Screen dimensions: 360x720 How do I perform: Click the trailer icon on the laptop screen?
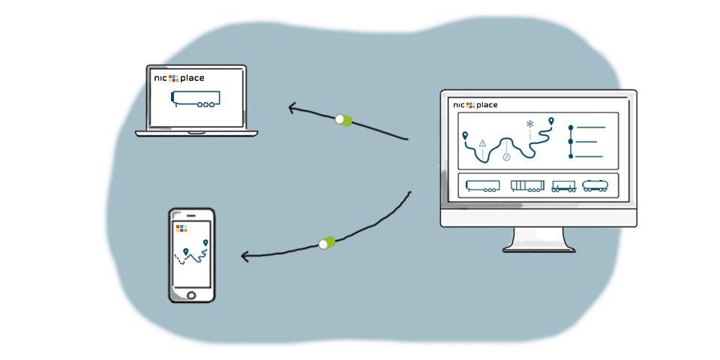coord(196,100)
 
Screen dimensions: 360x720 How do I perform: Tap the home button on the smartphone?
coord(192,294)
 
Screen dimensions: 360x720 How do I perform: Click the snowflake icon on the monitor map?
coord(530,124)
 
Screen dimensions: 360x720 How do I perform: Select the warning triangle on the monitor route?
coord(483,142)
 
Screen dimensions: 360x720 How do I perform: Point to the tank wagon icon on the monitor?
coord(596,185)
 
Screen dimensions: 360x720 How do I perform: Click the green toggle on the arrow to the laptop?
coord(343,119)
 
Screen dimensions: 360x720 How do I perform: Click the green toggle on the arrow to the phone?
coord(328,242)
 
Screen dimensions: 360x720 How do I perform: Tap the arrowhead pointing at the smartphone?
coord(244,257)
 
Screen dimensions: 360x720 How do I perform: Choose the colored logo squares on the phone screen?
coord(180,227)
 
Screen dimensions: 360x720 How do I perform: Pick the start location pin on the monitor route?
coord(466,136)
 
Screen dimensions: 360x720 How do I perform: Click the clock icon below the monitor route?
coord(506,157)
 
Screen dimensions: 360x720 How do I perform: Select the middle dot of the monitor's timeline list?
coord(571,141)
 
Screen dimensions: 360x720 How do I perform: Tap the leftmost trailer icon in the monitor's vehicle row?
coord(482,185)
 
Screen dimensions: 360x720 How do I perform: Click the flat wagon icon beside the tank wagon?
coord(563,185)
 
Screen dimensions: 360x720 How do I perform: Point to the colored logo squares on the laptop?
coord(173,78)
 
